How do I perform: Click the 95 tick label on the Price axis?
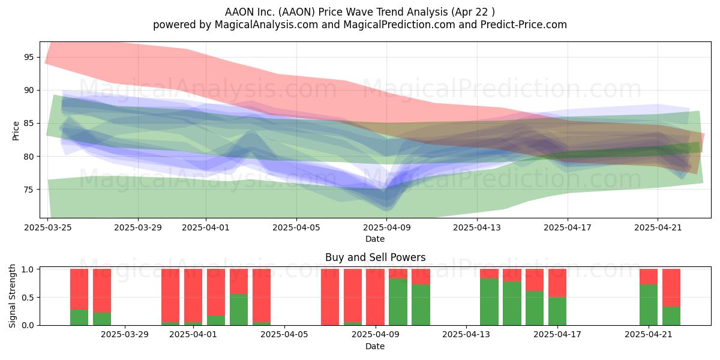(x=29, y=57)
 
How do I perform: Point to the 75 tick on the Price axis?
(x=29, y=190)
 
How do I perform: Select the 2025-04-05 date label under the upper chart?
(x=296, y=227)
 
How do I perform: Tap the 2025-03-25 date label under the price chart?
(x=48, y=227)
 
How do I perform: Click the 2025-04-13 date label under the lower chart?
(x=466, y=335)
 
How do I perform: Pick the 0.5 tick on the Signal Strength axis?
(x=28, y=298)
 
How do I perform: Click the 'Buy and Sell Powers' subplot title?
(x=375, y=257)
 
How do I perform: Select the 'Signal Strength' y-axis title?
(x=12, y=296)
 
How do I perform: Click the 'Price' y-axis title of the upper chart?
(x=16, y=131)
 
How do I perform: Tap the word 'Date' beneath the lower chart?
(x=375, y=346)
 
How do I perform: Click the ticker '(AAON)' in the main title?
(x=296, y=12)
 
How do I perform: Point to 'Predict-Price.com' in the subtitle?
(x=524, y=25)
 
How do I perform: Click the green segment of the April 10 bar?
(x=398, y=302)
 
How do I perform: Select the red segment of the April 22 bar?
(x=671, y=288)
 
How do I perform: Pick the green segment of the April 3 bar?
(x=239, y=310)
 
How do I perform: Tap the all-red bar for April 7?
(x=330, y=297)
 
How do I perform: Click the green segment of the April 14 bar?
(x=489, y=302)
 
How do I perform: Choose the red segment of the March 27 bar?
(x=102, y=291)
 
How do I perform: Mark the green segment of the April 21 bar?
(x=649, y=305)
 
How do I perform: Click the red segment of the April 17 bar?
(x=557, y=283)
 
